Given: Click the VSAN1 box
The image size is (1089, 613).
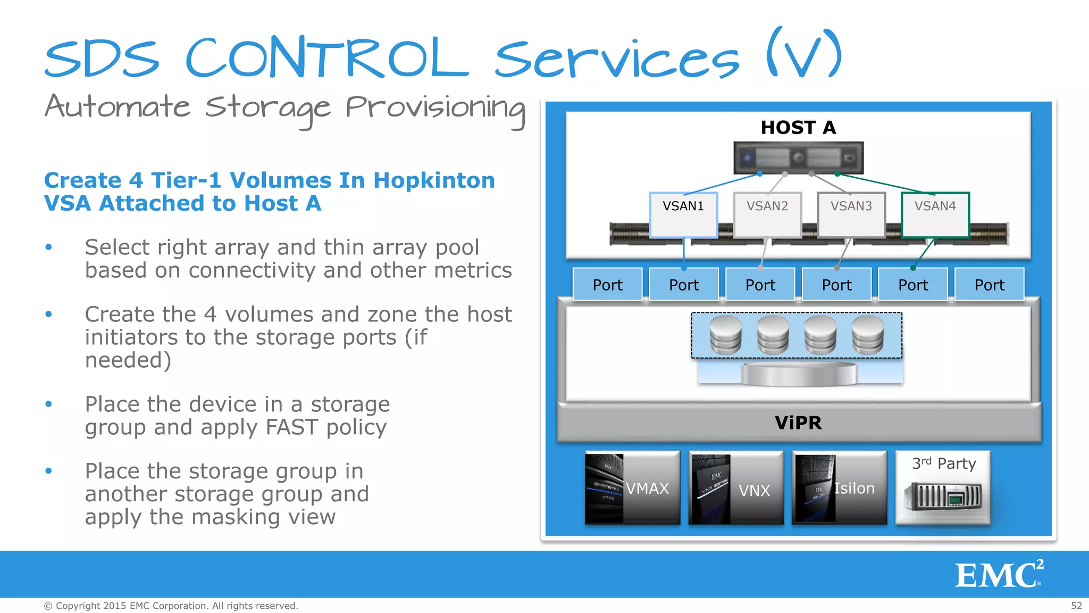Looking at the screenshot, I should [683, 214].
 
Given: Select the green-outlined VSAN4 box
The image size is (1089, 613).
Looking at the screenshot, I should [935, 214].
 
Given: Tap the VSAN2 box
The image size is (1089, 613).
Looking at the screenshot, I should [767, 214].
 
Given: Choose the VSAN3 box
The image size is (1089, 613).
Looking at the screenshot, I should [851, 214].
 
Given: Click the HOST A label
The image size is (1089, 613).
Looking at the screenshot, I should [798, 128].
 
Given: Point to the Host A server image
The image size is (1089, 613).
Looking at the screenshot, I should [798, 158].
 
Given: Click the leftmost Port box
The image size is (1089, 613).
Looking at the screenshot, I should [607, 285].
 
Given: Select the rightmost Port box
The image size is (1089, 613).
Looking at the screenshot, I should [989, 285].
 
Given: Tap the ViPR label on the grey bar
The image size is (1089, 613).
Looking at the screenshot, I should [798, 423].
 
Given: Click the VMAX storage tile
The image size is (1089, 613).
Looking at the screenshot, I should [632, 488].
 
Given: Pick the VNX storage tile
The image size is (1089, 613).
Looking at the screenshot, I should [736, 488].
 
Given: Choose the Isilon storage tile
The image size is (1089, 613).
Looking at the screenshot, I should [839, 488].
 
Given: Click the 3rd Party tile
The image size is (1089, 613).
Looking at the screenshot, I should [943, 488].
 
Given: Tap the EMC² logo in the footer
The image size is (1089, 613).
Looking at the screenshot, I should [999, 575].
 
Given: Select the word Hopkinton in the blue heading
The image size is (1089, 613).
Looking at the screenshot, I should [434, 180].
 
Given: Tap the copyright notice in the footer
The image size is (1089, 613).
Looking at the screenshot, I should [171, 606].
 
